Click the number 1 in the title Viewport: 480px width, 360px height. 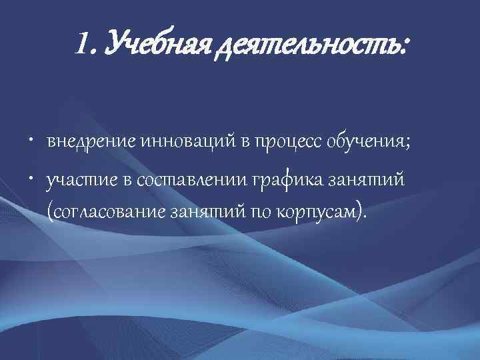pyautogui.click(x=82, y=46)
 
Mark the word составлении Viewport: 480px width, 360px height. pyautogui.click(x=193, y=180)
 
